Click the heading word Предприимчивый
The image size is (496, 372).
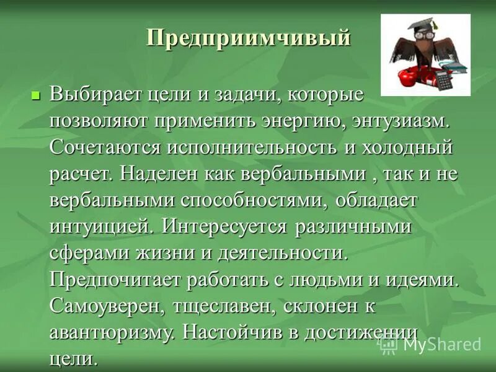pyautogui.click(x=249, y=38)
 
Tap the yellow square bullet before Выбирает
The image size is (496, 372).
pyautogui.click(x=35, y=96)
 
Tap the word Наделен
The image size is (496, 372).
pyautogui.click(x=156, y=174)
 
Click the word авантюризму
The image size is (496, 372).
pyautogui.click(x=115, y=332)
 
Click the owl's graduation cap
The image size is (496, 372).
pyautogui.click(x=416, y=28)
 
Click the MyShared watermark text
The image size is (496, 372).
pyautogui.click(x=441, y=344)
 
